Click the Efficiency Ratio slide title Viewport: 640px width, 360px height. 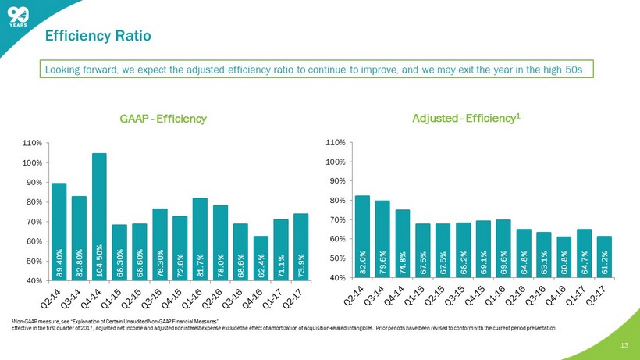(x=98, y=36)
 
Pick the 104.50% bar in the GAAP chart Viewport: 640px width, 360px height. (x=99, y=216)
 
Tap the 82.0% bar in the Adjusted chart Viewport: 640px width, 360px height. (x=362, y=237)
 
